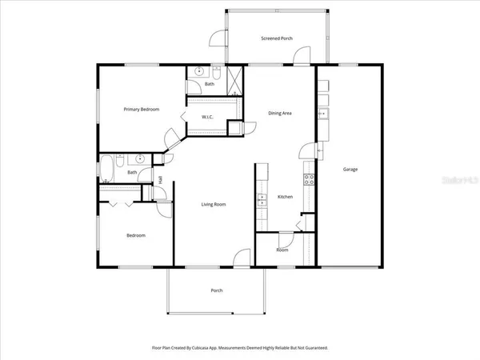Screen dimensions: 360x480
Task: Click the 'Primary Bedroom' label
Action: [x=141, y=109]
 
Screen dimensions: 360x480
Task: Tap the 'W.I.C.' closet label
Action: [x=206, y=117]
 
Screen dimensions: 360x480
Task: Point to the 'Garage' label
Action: [x=350, y=169]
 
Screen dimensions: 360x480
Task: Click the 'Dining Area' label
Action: [x=279, y=113]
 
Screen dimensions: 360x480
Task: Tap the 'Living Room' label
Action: [x=213, y=204]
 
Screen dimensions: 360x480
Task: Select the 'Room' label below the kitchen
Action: [x=282, y=250]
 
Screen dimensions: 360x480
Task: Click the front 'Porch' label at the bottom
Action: [x=216, y=290]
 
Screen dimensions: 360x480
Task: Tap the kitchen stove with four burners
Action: [x=307, y=177]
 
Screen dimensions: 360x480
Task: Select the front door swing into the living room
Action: [x=241, y=258]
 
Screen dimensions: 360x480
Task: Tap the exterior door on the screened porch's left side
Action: [x=217, y=38]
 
